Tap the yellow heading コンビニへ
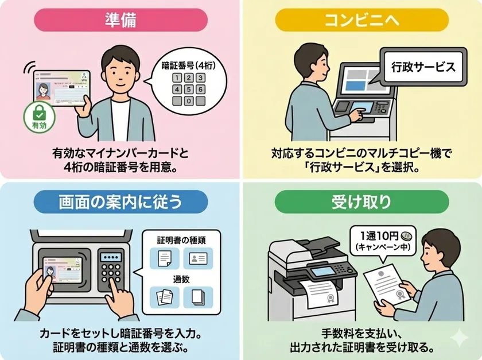click(361, 20)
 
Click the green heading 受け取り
click(361, 202)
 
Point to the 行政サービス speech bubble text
click(421, 67)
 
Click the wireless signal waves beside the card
click(27, 68)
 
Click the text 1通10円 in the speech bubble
click(380, 235)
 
